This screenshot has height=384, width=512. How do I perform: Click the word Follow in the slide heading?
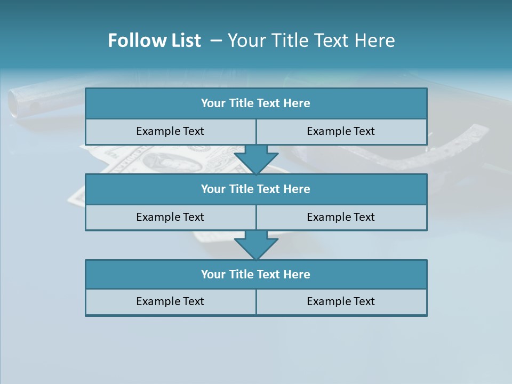coord(133,41)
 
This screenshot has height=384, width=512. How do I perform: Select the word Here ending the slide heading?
coord(377,41)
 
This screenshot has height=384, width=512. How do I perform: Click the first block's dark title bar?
coord(256,103)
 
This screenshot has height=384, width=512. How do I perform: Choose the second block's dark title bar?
coord(256,189)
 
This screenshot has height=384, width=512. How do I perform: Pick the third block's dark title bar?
coord(256,275)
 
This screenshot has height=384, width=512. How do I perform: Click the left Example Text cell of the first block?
coord(170,131)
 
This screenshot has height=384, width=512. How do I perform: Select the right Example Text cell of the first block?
coord(341,131)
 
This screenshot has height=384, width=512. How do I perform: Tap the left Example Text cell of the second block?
coord(170,217)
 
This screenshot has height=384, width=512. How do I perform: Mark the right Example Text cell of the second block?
coord(341,217)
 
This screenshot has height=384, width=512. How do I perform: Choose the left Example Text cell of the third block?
coord(170,301)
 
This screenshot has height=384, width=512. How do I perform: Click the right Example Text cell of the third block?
coord(341,301)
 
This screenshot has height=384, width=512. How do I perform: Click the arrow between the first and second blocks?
coord(256,160)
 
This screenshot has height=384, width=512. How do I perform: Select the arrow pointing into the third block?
coord(256,245)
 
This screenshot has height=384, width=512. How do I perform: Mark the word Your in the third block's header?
coord(213,275)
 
